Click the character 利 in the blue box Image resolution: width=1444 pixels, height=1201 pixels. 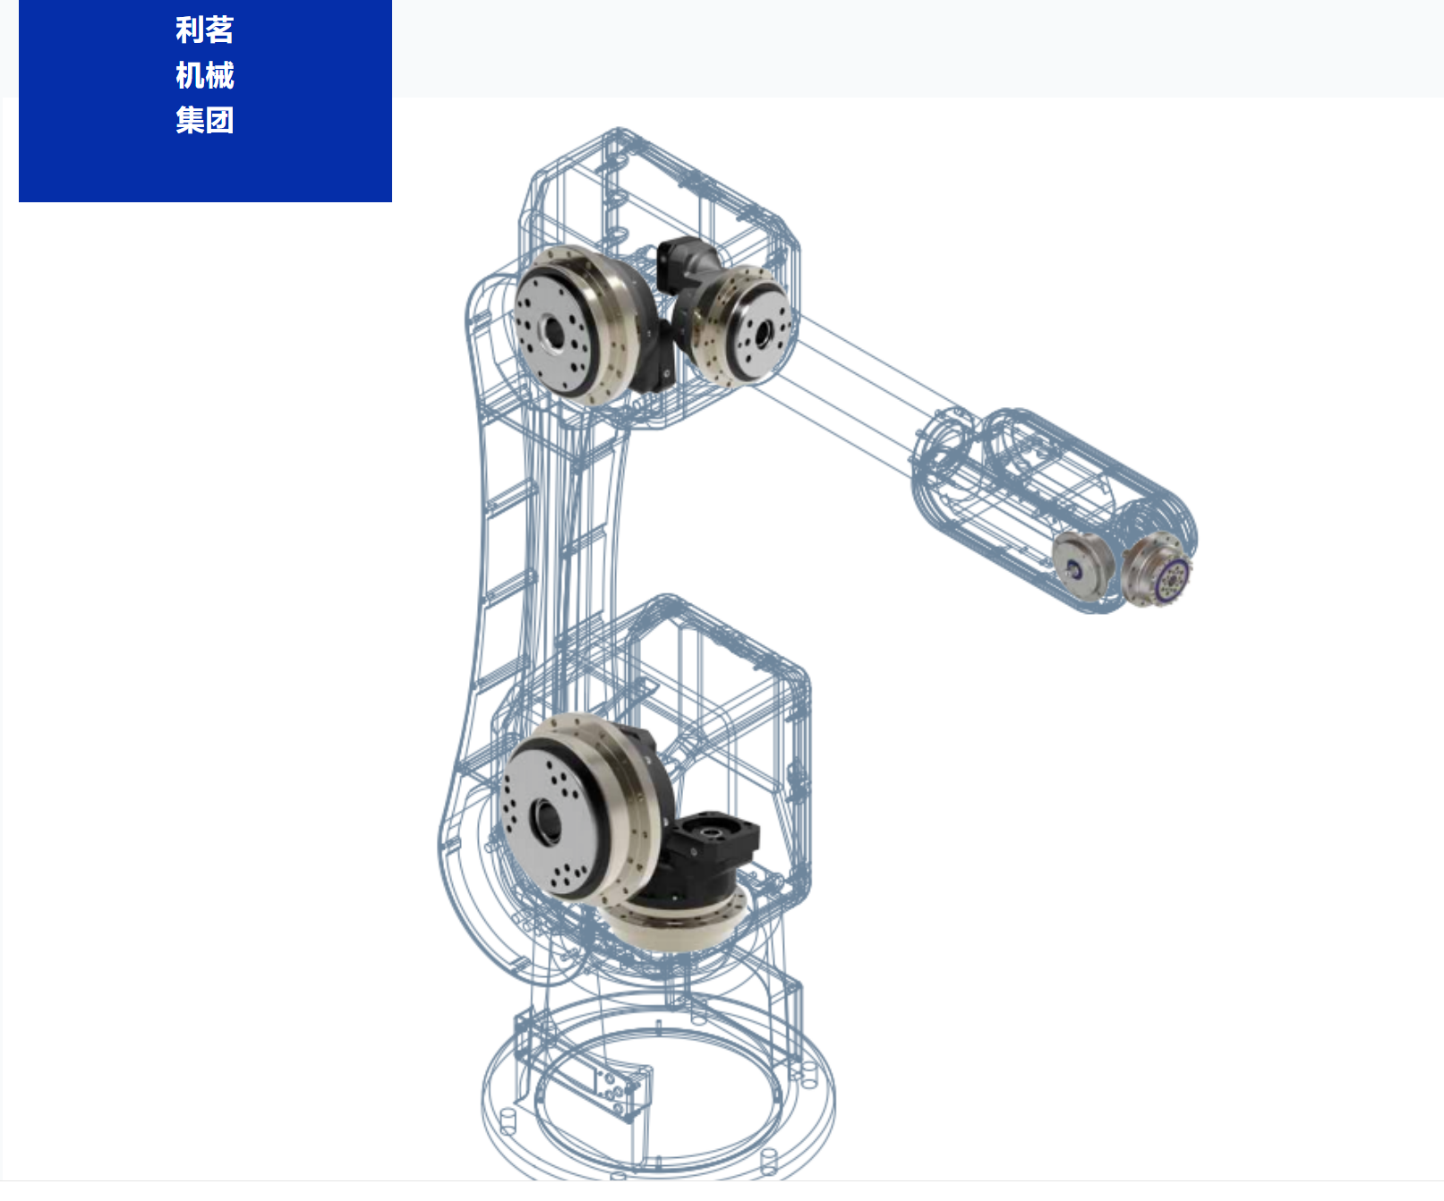click(x=190, y=30)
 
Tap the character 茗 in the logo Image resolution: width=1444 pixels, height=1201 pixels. click(x=219, y=30)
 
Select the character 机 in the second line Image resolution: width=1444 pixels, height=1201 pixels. click(x=190, y=75)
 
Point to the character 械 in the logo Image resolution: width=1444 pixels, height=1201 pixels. click(x=219, y=75)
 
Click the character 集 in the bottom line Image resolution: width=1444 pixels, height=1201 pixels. click(x=190, y=120)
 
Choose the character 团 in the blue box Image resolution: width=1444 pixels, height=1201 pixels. click(x=219, y=120)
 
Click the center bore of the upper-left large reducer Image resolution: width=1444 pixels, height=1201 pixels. click(x=553, y=333)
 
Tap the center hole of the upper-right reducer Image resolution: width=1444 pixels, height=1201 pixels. click(x=764, y=335)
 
